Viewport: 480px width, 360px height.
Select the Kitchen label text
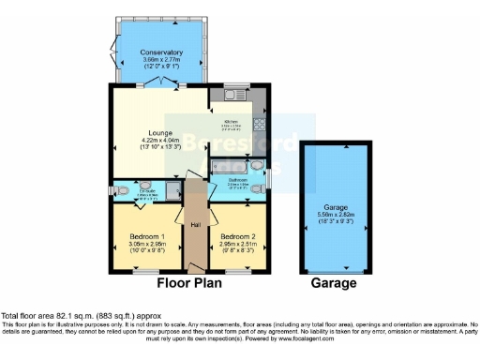pyautogui.click(x=230, y=120)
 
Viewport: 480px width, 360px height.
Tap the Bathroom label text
pyautogui.click(x=238, y=180)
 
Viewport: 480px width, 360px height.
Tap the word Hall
pyautogui.click(x=196, y=225)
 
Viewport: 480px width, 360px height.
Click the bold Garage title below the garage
pyautogui.click(x=334, y=283)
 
